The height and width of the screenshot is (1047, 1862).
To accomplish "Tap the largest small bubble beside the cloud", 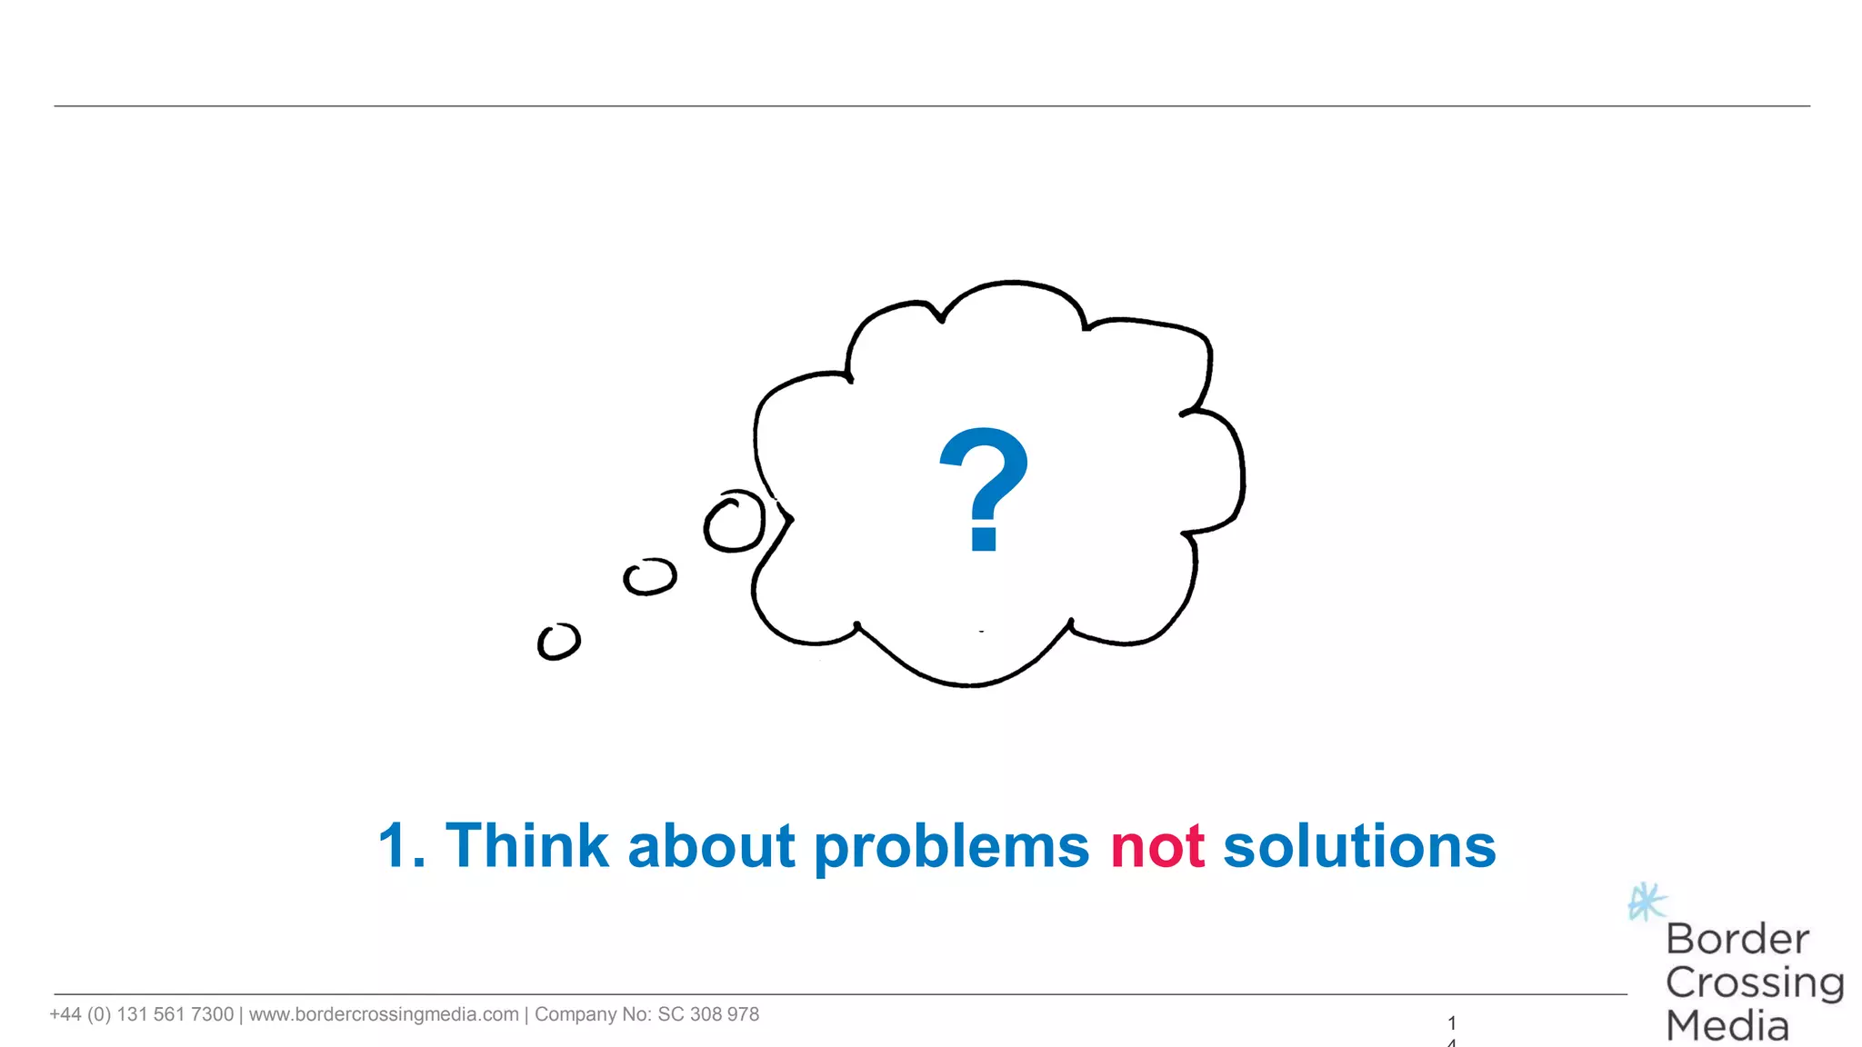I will click(735, 522).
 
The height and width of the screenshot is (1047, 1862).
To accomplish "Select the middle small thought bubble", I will click(650, 576).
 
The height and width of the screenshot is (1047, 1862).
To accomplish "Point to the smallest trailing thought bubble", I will click(558, 642).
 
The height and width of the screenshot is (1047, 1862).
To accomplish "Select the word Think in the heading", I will click(526, 846).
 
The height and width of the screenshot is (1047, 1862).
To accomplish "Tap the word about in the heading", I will click(711, 846).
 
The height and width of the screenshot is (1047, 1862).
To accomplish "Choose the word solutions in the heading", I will click(1359, 846).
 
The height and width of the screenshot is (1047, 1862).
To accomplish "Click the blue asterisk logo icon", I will click(1647, 902).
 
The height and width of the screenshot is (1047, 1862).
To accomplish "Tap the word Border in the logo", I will click(1737, 940).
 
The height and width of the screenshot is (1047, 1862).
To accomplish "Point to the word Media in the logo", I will click(1727, 1026).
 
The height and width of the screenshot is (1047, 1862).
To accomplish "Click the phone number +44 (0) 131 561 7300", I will click(142, 1014).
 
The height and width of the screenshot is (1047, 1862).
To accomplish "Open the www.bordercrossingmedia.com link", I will click(384, 1014).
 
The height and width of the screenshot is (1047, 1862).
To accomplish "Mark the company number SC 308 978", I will click(707, 1014).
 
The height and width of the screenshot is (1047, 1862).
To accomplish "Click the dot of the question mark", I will click(984, 538).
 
